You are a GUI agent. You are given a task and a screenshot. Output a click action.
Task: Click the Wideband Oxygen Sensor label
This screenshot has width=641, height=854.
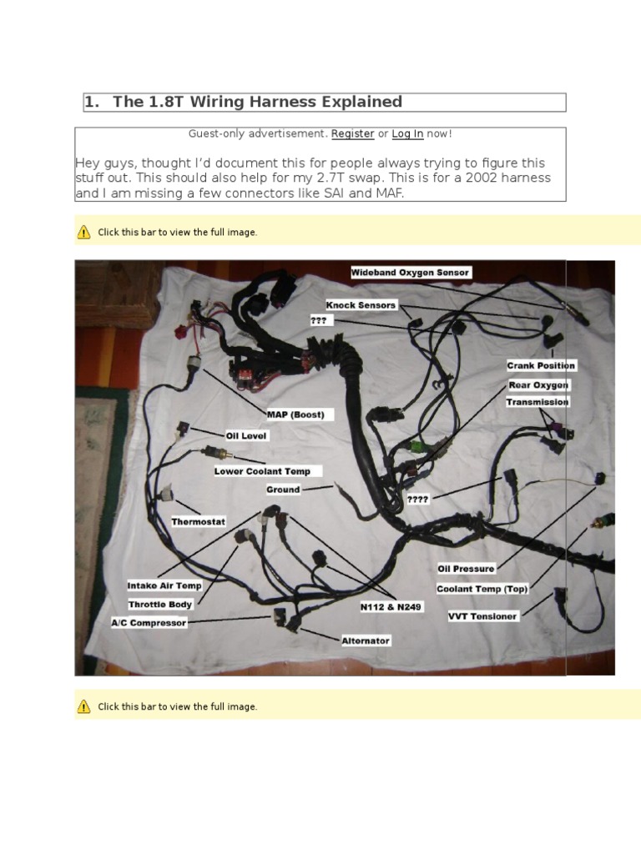(410, 273)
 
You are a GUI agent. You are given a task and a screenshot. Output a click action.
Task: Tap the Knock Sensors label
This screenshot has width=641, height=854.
(361, 305)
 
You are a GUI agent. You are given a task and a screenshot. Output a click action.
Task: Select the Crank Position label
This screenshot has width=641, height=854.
(541, 365)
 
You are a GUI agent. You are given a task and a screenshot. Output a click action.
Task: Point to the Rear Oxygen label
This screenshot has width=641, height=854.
(538, 385)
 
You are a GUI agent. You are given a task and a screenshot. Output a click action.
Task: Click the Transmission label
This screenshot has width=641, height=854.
(537, 402)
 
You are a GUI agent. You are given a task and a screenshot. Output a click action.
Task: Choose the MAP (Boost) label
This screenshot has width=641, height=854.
(295, 414)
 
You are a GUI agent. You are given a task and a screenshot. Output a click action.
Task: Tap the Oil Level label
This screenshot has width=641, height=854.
(247, 435)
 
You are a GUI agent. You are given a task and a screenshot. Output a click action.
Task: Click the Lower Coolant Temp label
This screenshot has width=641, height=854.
(261, 471)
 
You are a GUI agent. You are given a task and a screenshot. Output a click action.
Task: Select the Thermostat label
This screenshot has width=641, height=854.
(198, 521)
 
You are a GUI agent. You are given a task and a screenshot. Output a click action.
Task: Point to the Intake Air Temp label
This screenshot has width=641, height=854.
(164, 585)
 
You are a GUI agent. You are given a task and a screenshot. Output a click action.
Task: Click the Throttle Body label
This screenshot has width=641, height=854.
(160, 604)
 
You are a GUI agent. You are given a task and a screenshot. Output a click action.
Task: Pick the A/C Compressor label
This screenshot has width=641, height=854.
(149, 622)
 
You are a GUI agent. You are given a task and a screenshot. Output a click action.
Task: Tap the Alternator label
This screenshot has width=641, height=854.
(365, 640)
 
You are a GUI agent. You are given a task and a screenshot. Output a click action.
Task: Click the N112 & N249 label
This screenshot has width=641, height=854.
(391, 607)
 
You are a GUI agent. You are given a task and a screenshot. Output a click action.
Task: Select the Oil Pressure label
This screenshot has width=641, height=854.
(466, 569)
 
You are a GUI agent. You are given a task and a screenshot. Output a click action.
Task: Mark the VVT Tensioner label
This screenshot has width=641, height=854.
(482, 616)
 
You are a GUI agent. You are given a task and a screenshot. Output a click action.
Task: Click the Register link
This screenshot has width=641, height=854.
(352, 133)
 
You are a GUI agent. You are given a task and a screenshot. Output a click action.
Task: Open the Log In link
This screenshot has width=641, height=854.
(407, 133)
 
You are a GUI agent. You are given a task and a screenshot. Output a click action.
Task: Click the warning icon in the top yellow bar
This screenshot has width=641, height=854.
(83, 232)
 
